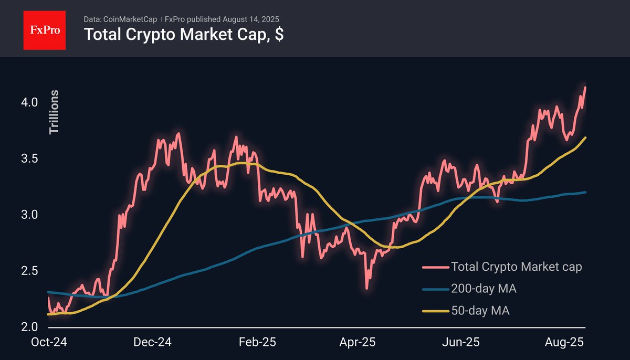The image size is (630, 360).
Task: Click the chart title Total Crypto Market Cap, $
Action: click(184, 35)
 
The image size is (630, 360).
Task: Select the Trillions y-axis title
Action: click(54, 112)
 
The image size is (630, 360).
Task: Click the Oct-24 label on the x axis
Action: click(50, 342)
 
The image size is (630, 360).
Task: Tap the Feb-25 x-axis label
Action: click(257, 342)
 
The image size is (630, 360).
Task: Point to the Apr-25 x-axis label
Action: click(358, 342)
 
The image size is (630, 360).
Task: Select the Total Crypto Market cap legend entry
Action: click(517, 267)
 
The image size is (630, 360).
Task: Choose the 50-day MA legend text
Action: click(480, 311)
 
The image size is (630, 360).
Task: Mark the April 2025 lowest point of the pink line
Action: click(367, 288)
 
